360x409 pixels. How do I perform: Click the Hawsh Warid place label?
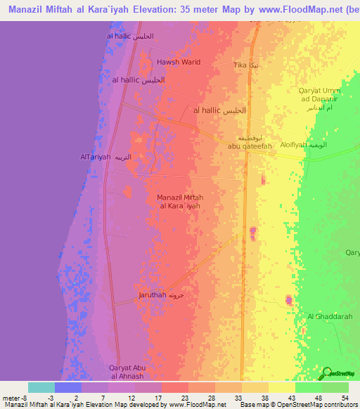click(x=178, y=62)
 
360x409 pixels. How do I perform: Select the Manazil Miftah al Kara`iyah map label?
click(x=180, y=201)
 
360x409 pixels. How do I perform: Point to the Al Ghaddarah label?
click(x=329, y=316)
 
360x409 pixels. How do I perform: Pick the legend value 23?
click(x=174, y=398)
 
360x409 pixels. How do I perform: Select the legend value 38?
click(x=255, y=398)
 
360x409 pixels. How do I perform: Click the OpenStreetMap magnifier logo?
click(x=327, y=373)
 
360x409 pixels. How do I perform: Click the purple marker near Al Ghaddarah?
click(x=288, y=301)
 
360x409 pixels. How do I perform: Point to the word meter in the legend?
click(x=9, y=398)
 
